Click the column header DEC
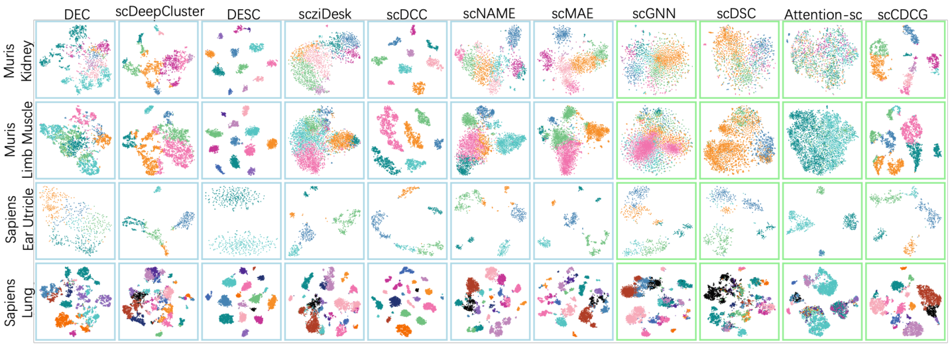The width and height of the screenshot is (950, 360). pos(76,12)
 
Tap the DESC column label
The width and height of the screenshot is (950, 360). pos(241,12)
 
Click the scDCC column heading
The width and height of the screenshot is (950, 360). pos(406,12)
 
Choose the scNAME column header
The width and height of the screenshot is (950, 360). pos(491,12)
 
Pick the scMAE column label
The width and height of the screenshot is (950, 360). pos(572,12)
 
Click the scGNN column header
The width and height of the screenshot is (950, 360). pos(656,12)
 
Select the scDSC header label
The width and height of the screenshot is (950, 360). pos(739,12)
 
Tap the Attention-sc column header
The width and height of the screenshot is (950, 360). pos(822,12)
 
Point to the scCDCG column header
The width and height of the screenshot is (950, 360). pos(906,12)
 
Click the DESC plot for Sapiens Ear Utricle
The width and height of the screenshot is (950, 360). pos(241,221)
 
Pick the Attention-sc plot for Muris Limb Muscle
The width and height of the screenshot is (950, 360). pos(822,141)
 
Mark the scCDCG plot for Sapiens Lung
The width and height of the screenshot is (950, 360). pos(905,302)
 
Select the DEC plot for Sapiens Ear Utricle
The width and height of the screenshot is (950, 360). pos(76,221)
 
